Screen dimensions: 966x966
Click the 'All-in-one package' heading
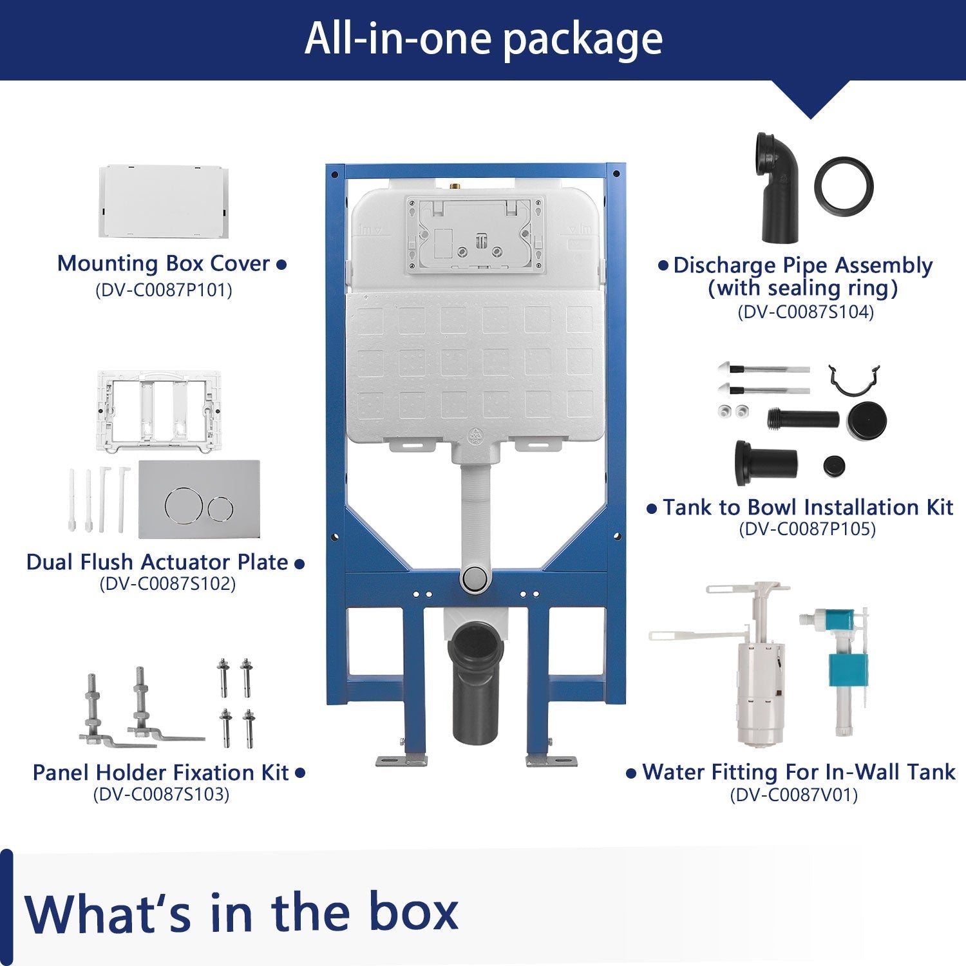483,39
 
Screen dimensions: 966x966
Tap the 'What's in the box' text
241,912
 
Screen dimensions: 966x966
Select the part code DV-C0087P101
164,290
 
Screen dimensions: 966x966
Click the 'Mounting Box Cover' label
164,263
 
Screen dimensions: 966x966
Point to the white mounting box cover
162,201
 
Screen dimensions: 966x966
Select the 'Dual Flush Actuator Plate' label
157,562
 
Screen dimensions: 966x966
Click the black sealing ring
844,185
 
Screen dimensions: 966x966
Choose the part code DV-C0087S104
806,312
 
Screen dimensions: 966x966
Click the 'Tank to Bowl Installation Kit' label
808,507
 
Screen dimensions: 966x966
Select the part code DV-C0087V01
794,795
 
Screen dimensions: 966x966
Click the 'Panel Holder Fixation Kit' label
161,772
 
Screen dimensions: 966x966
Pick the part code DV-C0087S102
167,583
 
